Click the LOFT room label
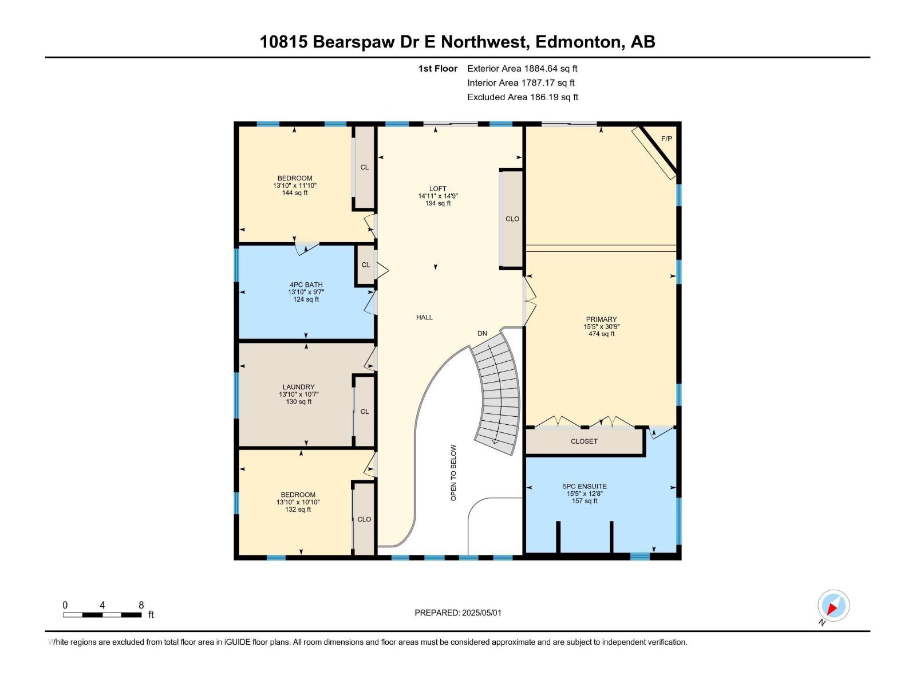click(438, 189)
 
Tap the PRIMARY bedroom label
click(601, 319)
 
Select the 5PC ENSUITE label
click(585, 487)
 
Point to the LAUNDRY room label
click(298, 387)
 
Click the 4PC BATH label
click(306, 285)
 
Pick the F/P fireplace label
click(666, 139)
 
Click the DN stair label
click(482, 333)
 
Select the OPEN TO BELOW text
click(453, 473)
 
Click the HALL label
click(424, 317)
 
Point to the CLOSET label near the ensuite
click(584, 441)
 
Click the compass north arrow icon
click(833, 606)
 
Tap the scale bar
click(102, 615)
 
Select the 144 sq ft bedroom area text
click(295, 193)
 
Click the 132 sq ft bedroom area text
click(298, 510)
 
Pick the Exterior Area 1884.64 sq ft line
click(522, 69)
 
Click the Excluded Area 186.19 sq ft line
click(523, 97)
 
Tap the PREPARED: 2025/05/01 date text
click(458, 613)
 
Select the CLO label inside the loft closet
click(512, 219)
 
